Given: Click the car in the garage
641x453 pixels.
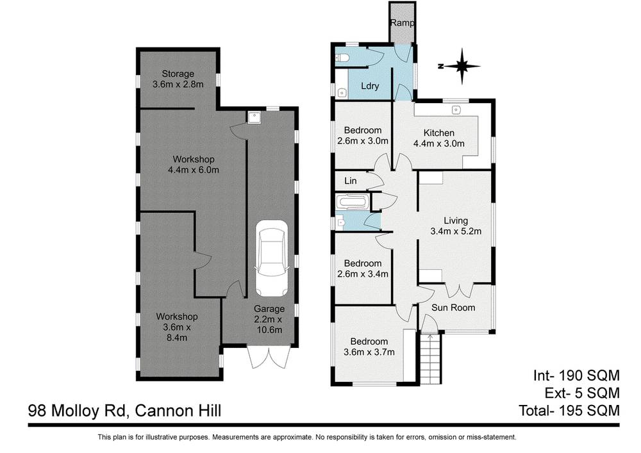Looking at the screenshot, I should (x=272, y=257).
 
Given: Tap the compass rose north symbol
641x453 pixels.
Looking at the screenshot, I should (x=459, y=65).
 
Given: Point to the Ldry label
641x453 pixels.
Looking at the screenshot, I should (x=370, y=86).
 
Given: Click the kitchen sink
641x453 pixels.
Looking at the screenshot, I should (x=457, y=108).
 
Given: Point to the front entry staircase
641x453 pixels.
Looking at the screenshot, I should (x=430, y=359).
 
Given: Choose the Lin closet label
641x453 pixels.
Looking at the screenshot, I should (x=350, y=181).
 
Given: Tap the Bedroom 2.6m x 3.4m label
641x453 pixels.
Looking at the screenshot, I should (x=363, y=268).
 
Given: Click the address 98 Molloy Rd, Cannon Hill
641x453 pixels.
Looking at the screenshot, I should (x=125, y=411).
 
